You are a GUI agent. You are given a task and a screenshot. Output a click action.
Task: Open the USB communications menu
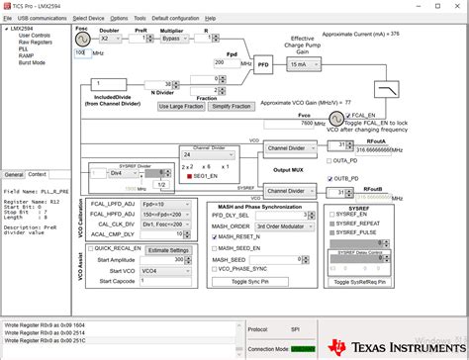tap(43, 18)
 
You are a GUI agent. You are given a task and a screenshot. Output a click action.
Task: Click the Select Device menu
tap(88, 18)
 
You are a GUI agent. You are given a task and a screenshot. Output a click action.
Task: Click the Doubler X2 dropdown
tap(109, 39)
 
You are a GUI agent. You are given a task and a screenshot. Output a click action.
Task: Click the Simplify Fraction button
tap(232, 106)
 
